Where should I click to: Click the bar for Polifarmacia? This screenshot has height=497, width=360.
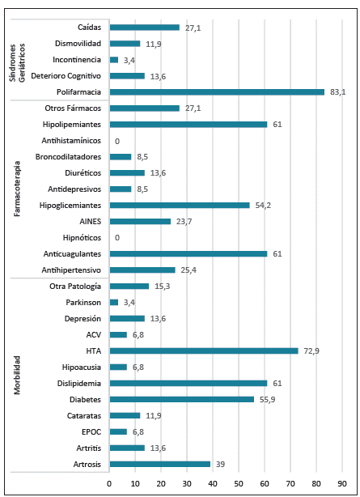[x=217, y=92]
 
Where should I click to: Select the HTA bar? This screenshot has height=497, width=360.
[x=204, y=350]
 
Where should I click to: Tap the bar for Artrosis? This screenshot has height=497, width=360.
[x=160, y=464]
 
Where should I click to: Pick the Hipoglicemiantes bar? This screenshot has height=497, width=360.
[x=180, y=205]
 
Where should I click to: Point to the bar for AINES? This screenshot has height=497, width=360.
[x=140, y=221]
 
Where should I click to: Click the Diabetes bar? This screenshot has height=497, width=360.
[x=182, y=399]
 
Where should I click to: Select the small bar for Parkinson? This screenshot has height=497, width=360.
[x=114, y=302]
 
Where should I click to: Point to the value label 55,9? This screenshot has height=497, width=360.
[x=266, y=399]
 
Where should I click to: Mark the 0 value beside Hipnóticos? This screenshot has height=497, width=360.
[x=117, y=237]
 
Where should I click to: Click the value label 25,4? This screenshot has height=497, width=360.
[x=188, y=270]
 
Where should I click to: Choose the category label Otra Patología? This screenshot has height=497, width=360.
[x=75, y=286]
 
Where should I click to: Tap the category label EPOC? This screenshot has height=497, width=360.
[x=91, y=431]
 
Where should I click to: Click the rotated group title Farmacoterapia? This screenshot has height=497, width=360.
[x=18, y=189]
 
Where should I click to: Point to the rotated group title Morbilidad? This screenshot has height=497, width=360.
[x=18, y=375]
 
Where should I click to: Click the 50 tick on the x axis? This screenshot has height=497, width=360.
[x=239, y=484]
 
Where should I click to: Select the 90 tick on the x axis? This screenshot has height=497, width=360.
[x=342, y=484]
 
